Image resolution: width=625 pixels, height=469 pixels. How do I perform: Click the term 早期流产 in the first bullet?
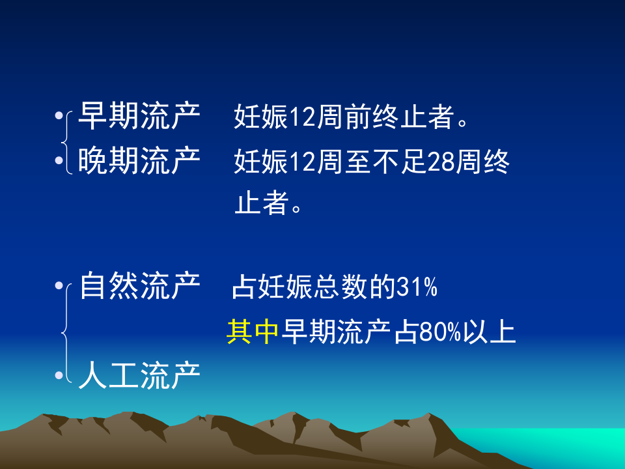pos(139,118)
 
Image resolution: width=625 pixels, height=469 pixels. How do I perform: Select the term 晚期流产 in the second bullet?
pos(139,161)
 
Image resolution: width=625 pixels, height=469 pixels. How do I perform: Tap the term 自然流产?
pos(139,287)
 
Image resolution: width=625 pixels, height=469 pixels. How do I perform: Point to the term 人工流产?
pos(139,375)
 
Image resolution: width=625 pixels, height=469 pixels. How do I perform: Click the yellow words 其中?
pos(253,332)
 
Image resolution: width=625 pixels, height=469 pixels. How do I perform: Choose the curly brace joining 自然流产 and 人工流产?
pos(65,332)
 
